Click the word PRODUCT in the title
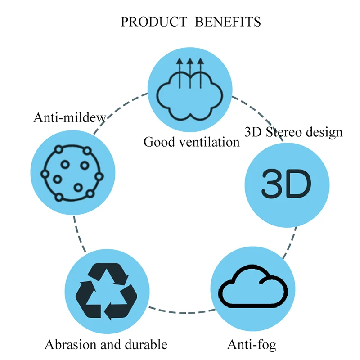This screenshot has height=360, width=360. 154,22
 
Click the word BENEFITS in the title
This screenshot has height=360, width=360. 227,22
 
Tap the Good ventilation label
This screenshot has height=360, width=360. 191,142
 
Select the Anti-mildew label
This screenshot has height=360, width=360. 70,117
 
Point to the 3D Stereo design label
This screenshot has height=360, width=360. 293,132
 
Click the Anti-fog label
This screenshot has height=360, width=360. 251,345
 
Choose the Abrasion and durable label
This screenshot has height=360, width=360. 106,345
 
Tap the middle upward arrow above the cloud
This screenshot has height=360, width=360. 190,72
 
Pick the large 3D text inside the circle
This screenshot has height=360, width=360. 286,184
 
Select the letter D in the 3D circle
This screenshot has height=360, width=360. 299,184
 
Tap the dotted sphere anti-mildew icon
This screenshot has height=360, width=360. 72,173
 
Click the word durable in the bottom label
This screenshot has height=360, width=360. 144,345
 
